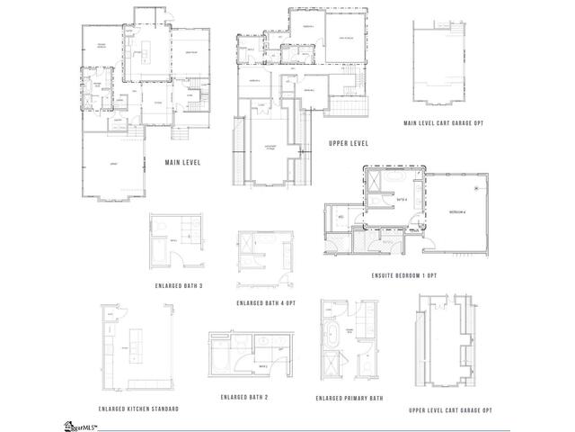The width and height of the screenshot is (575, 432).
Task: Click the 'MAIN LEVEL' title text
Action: click(x=182, y=163)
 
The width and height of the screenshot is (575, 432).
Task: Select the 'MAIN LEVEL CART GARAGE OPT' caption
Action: click(x=444, y=122)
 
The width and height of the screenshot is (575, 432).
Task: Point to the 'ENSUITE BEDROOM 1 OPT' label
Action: click(x=403, y=274)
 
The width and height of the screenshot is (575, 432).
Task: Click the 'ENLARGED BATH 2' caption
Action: click(x=243, y=397)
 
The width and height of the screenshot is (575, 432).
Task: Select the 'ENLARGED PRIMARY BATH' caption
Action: click(x=349, y=398)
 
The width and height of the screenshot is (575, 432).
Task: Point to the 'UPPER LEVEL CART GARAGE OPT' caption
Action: click(x=450, y=409)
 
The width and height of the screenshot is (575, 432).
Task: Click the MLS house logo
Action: click(x=71, y=424)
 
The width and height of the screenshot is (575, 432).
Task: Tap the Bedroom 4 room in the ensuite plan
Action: click(x=457, y=210)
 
